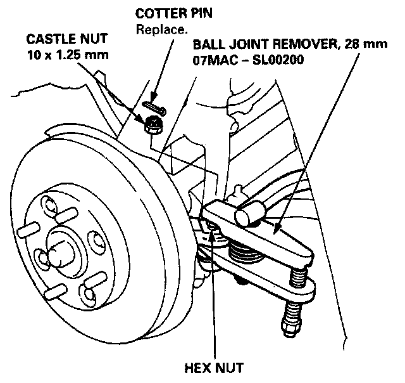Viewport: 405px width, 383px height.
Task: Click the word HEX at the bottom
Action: pyautogui.click(x=194, y=367)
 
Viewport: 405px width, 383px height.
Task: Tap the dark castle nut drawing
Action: pyautogui.click(x=153, y=125)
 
